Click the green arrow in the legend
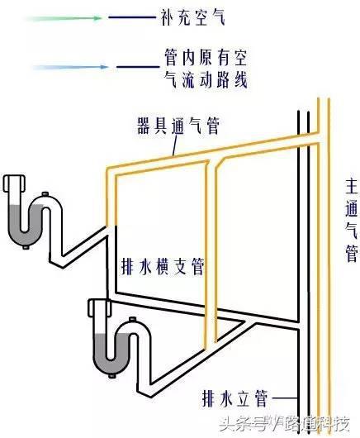point(63,18)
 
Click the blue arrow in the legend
point(69,67)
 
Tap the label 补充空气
point(192,17)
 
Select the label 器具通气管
point(178,126)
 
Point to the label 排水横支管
point(163,266)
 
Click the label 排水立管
point(234,398)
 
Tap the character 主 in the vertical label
point(351,186)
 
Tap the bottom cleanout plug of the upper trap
point(26,247)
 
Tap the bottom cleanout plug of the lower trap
point(112,376)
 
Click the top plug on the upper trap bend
point(45,194)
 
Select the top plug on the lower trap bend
point(133,319)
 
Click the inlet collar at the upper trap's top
point(15,183)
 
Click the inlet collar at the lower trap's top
point(99,307)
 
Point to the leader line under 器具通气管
point(175,145)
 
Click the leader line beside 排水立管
point(284,398)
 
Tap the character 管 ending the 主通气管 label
point(352,253)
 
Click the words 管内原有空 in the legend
point(206,57)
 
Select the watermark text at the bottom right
point(284,424)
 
